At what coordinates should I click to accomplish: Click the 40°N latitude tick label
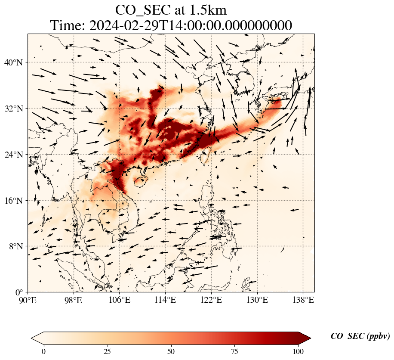click(16, 62)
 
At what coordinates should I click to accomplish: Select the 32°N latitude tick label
click(16, 109)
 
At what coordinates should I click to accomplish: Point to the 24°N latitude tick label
click(16, 155)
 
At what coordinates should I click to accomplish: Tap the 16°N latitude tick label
click(16, 201)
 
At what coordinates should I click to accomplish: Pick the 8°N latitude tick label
click(18, 246)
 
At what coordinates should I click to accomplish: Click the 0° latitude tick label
click(20, 292)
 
